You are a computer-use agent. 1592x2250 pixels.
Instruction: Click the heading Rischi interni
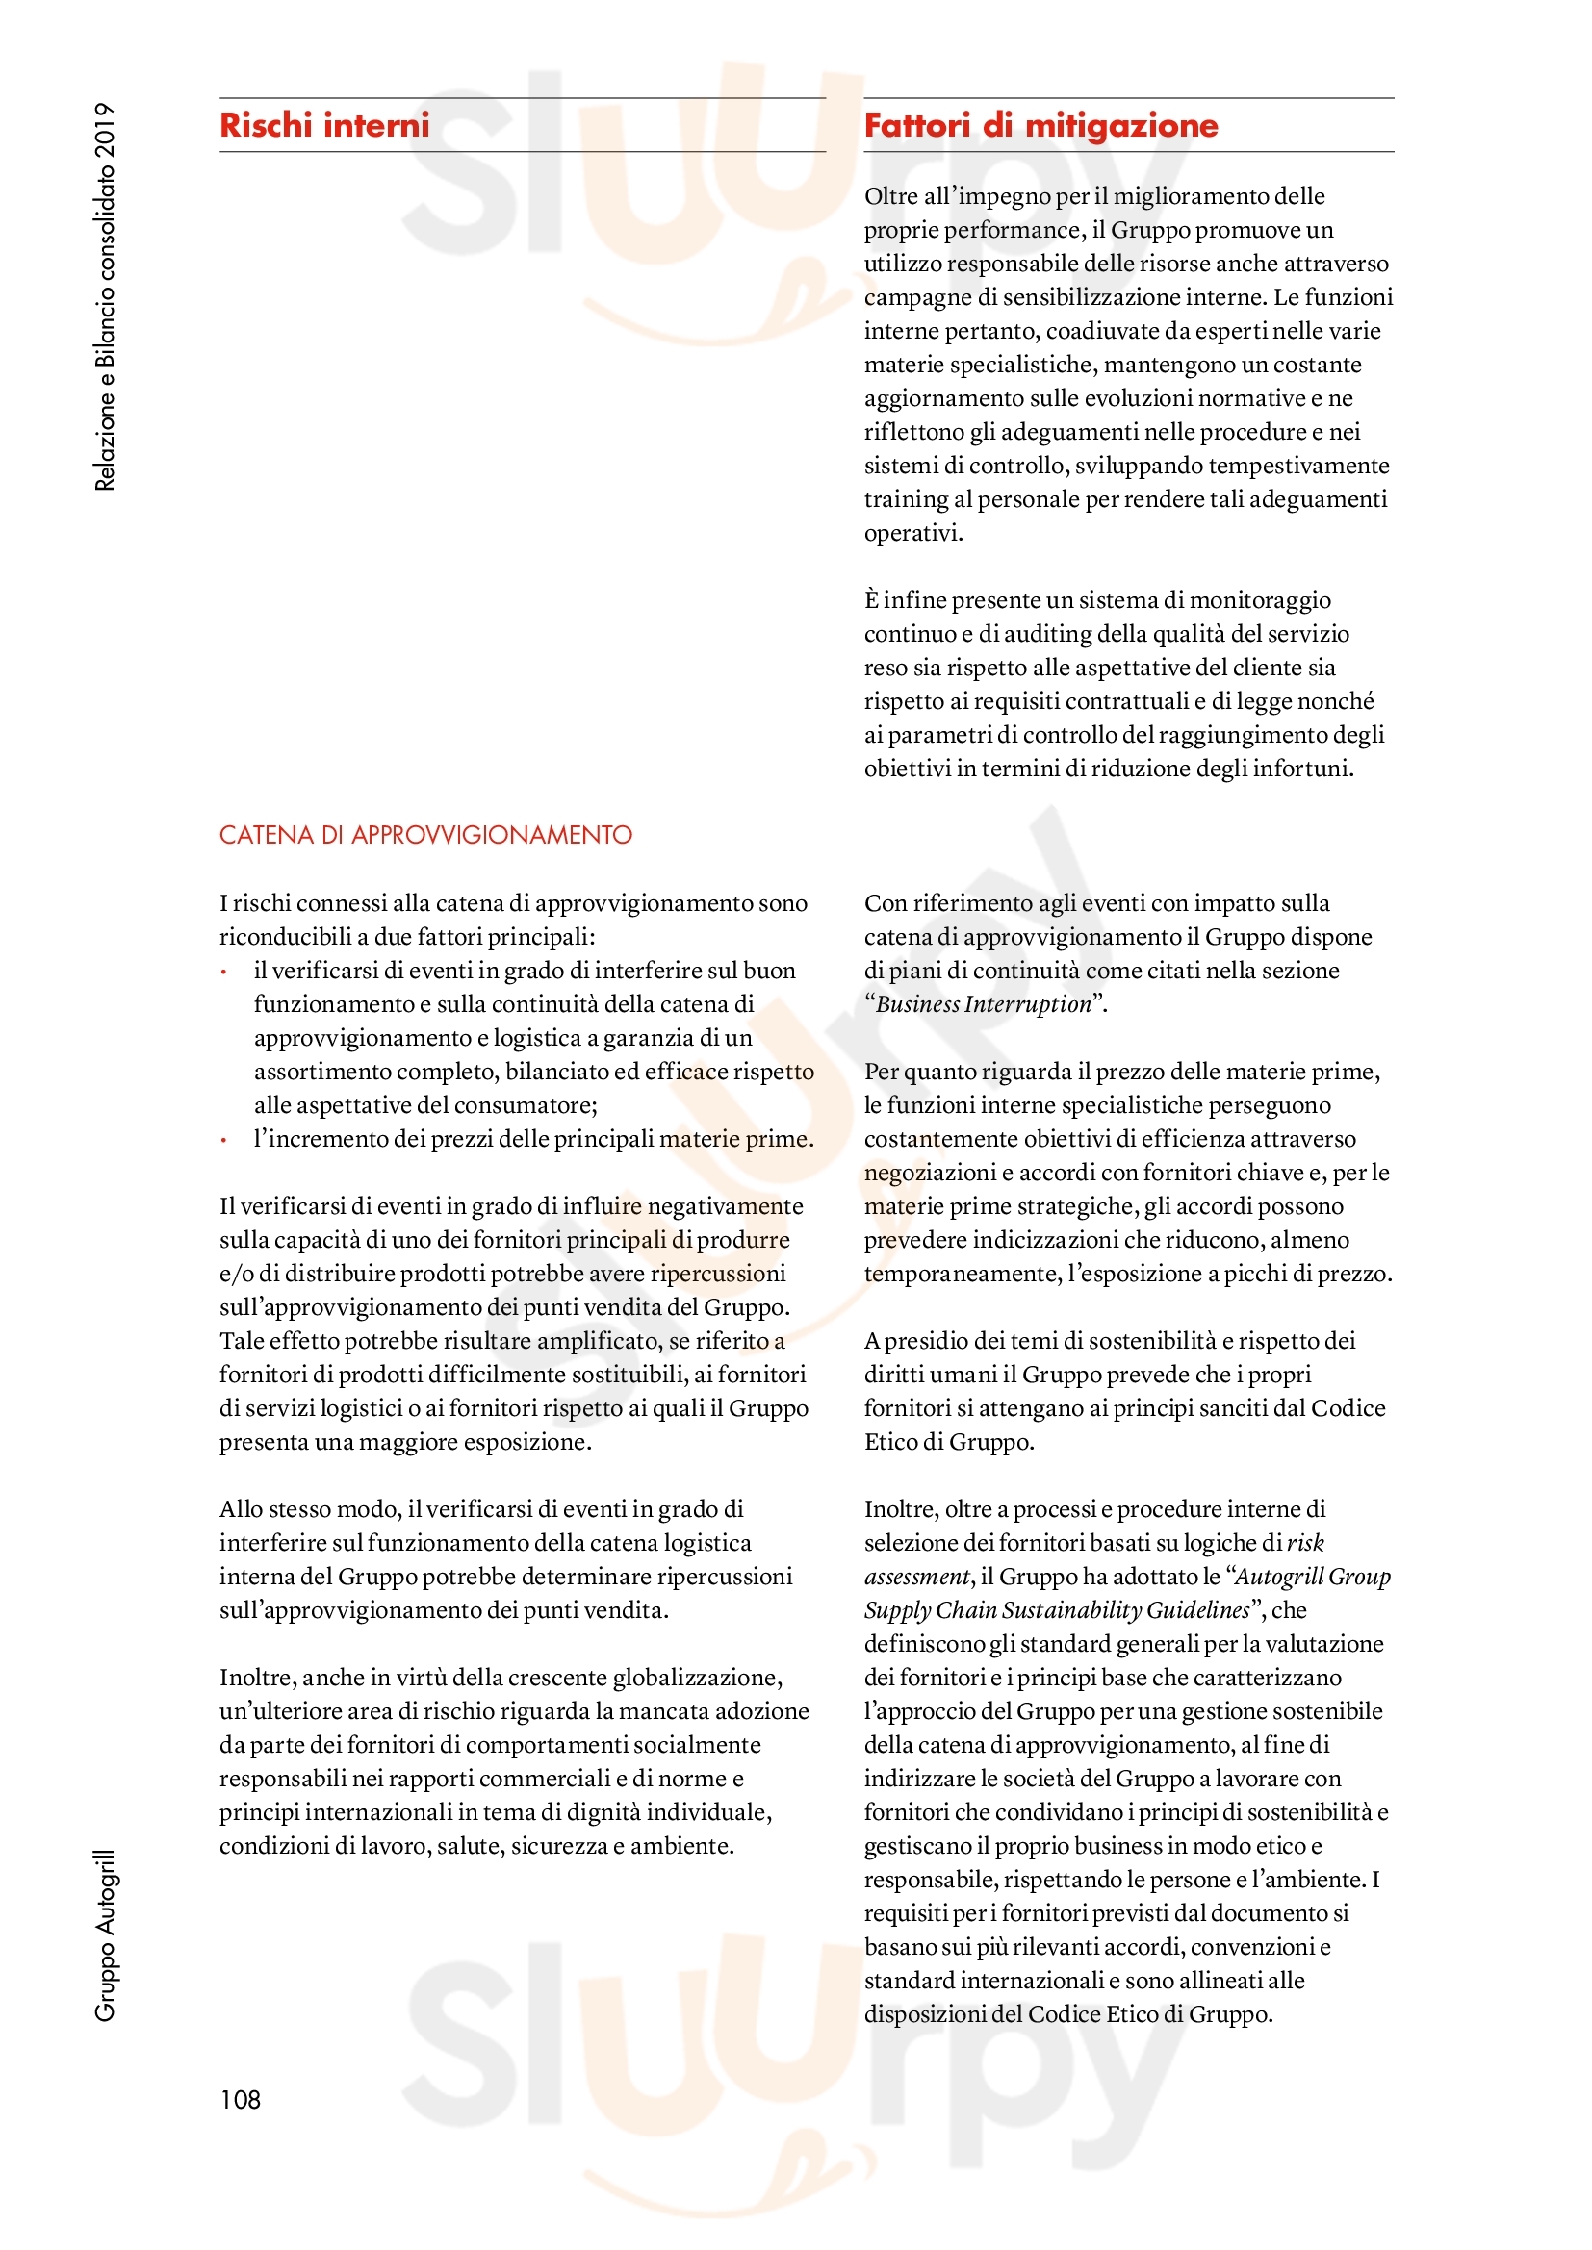point(324,125)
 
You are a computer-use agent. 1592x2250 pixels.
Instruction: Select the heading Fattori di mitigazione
point(1040,125)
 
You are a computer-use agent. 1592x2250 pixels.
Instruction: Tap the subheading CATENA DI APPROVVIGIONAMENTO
point(425,835)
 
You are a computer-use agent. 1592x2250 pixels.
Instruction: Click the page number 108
point(241,2099)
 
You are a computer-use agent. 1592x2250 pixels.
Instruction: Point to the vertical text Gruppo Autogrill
point(105,1935)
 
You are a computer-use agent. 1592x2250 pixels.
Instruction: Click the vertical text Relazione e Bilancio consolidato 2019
point(105,296)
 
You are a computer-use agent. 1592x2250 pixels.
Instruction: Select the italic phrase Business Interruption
point(984,1004)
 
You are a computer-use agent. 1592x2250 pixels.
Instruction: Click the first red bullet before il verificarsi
point(224,973)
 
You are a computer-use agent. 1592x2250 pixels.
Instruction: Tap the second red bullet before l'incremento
point(224,1141)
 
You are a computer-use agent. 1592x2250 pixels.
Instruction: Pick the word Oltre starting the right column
point(890,196)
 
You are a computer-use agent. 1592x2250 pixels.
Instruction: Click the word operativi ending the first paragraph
point(912,533)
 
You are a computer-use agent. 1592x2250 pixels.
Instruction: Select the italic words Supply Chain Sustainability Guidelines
point(1057,1610)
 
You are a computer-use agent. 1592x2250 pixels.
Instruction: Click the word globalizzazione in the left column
point(696,1678)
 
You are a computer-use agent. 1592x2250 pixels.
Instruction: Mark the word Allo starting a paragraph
point(241,1509)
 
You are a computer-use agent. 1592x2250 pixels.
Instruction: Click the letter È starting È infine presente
point(871,599)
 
